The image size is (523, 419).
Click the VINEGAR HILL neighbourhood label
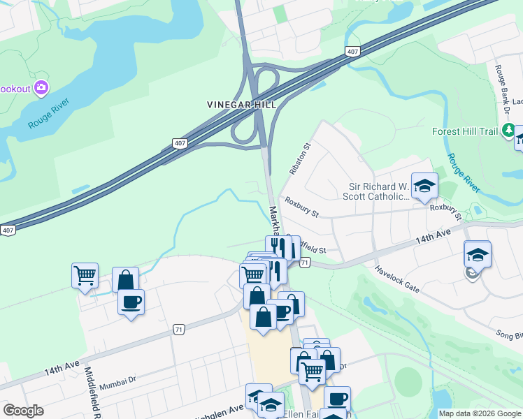pyautogui.click(x=242, y=104)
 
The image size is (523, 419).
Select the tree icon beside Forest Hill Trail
pyautogui.click(x=509, y=131)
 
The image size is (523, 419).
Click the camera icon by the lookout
pyautogui.click(x=41, y=87)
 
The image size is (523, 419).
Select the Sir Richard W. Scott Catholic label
pyautogui.click(x=378, y=192)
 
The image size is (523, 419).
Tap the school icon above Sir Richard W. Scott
pyautogui.click(x=424, y=186)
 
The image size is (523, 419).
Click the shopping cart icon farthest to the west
pyautogui.click(x=85, y=275)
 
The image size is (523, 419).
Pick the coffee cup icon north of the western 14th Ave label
pyautogui.click(x=131, y=302)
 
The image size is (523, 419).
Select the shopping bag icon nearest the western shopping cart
pyautogui.click(x=125, y=280)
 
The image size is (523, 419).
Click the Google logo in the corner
pyautogui.click(x=23, y=410)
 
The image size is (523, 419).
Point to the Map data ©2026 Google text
pyautogui.click(x=480, y=413)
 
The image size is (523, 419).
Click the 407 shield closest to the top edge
pyautogui.click(x=352, y=52)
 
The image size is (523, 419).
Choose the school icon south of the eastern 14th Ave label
pyautogui.click(x=477, y=254)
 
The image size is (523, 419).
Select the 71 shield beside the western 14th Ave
pyautogui.click(x=180, y=329)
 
